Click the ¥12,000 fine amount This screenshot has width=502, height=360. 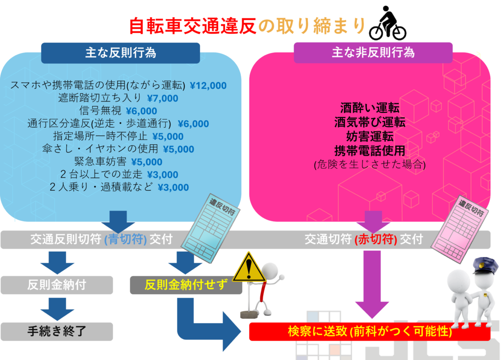[208, 85]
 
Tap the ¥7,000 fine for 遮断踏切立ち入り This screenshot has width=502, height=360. [162, 98]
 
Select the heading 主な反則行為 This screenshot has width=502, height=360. [121, 52]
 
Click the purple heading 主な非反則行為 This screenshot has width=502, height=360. [373, 52]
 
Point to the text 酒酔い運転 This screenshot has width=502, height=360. [370, 108]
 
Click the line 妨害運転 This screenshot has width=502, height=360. [370, 136]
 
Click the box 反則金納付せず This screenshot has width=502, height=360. [186, 284]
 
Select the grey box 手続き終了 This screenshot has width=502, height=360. [56, 331]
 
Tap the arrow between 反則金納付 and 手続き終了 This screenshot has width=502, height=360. [57, 309]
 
